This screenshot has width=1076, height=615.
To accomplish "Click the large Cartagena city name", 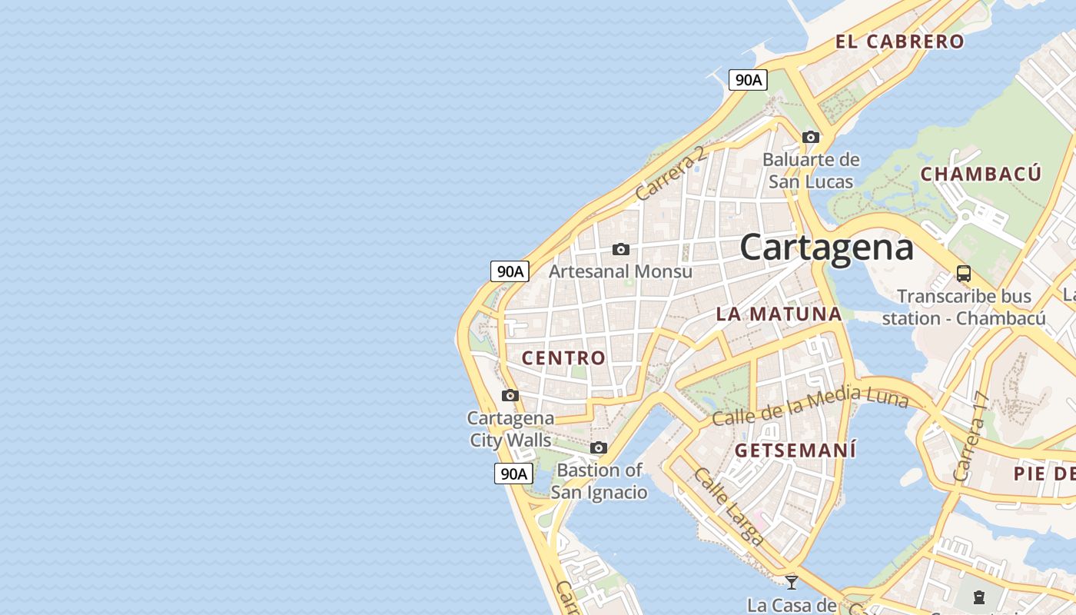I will (827, 248).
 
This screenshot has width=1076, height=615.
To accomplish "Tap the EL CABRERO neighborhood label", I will (900, 42).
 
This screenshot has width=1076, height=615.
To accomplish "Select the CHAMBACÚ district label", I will (981, 174).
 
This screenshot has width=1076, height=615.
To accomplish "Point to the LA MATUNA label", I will (779, 314).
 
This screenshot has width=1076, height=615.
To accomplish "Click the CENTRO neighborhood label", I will (563, 357).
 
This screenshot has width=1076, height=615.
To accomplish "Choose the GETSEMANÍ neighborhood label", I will (795, 450).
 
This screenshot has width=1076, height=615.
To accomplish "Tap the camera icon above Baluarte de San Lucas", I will (810, 137).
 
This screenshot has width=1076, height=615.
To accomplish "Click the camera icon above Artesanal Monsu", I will (620, 249).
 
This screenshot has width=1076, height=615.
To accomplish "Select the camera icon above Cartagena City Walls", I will (510, 395).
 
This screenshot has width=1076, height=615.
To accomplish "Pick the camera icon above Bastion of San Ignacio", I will (599, 447).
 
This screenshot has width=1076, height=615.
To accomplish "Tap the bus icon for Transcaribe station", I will (963, 273).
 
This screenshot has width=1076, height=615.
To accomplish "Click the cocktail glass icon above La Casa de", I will (792, 582).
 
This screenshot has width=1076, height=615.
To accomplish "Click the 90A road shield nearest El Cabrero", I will (748, 80).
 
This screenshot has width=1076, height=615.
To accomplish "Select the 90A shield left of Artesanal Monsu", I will (510, 271).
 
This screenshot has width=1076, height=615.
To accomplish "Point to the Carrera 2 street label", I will (671, 174).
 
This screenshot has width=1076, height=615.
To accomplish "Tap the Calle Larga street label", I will (728, 506).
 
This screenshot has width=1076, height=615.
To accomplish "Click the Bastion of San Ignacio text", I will (599, 481).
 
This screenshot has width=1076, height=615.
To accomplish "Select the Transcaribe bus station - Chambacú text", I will (964, 307).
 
